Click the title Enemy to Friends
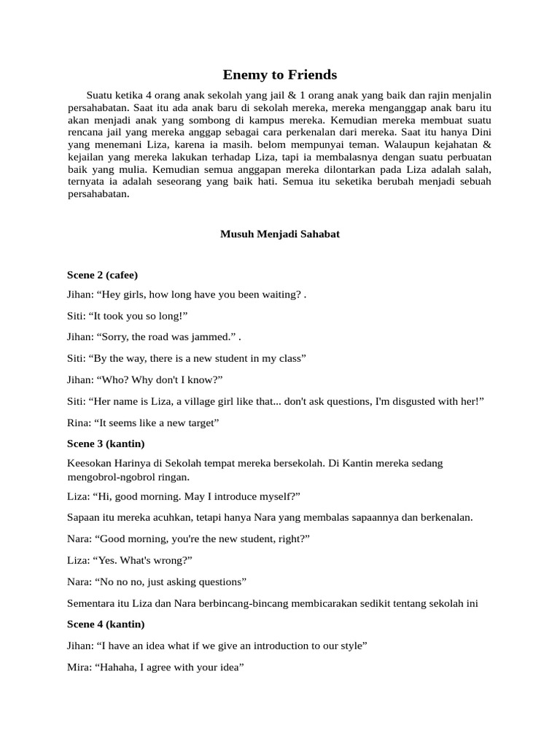point(280,74)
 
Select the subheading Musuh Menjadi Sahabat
point(280,234)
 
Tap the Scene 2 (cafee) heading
point(102,275)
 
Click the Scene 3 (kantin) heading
point(106,444)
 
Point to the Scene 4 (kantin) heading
point(106,624)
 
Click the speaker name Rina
point(79,422)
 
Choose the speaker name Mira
point(79,667)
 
